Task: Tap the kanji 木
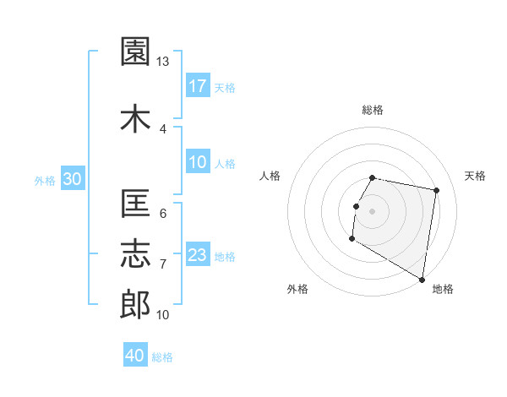click(135, 119)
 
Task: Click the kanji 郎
click(135, 305)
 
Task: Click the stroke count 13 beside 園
click(163, 62)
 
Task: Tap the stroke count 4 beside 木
click(162, 128)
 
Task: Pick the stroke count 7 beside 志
click(162, 264)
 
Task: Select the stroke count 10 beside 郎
click(163, 315)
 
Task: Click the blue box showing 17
click(198, 85)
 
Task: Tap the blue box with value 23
click(198, 255)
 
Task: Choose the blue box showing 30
click(72, 178)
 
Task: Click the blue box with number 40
click(135, 356)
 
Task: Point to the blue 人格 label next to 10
click(225, 164)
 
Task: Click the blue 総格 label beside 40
click(162, 357)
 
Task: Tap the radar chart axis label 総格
click(373, 110)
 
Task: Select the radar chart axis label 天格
click(475, 176)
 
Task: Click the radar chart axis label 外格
click(297, 289)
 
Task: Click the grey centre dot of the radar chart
click(373, 211)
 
